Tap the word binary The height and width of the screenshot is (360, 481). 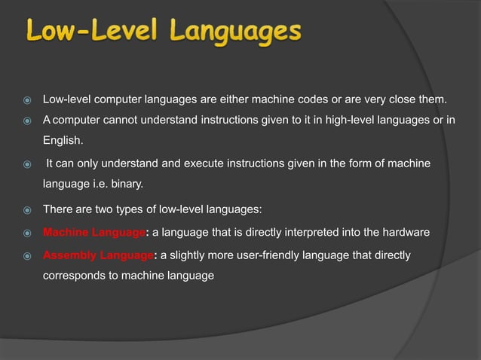point(125,185)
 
